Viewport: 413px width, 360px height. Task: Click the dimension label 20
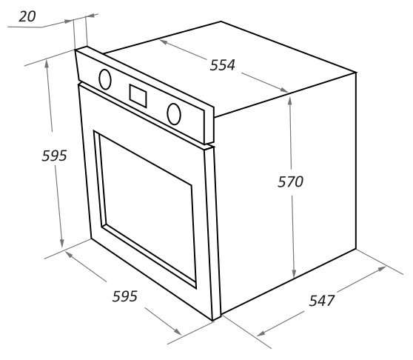[x=27, y=16]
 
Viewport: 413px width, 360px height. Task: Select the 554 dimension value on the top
[x=222, y=65]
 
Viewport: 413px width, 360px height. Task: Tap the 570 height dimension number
[x=290, y=181]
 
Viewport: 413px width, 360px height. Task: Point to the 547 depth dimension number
[x=321, y=301]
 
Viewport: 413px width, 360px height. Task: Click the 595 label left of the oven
[x=54, y=156]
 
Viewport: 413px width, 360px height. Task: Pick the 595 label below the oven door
[x=125, y=296]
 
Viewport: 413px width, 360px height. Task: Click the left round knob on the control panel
[x=105, y=79]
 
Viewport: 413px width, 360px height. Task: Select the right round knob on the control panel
[x=174, y=114]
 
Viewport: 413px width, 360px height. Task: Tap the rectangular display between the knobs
[x=138, y=96]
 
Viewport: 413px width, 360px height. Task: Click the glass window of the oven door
[x=148, y=207]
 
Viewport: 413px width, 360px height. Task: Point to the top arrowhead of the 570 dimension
[x=289, y=100]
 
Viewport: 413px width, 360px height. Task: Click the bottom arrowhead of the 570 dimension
[x=294, y=274]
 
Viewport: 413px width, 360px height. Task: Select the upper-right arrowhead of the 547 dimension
[x=382, y=269]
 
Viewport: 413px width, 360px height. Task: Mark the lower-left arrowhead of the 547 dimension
[x=261, y=333]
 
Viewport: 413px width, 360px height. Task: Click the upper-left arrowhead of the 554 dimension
[x=164, y=41]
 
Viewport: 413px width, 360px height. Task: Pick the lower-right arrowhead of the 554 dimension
[x=283, y=90]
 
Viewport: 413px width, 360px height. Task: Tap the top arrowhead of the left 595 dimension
[x=47, y=64]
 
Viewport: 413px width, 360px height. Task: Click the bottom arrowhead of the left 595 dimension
[x=61, y=244]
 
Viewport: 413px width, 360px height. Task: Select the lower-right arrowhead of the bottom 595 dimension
[x=178, y=332]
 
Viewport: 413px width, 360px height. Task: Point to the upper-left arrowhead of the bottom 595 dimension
[x=69, y=254]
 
